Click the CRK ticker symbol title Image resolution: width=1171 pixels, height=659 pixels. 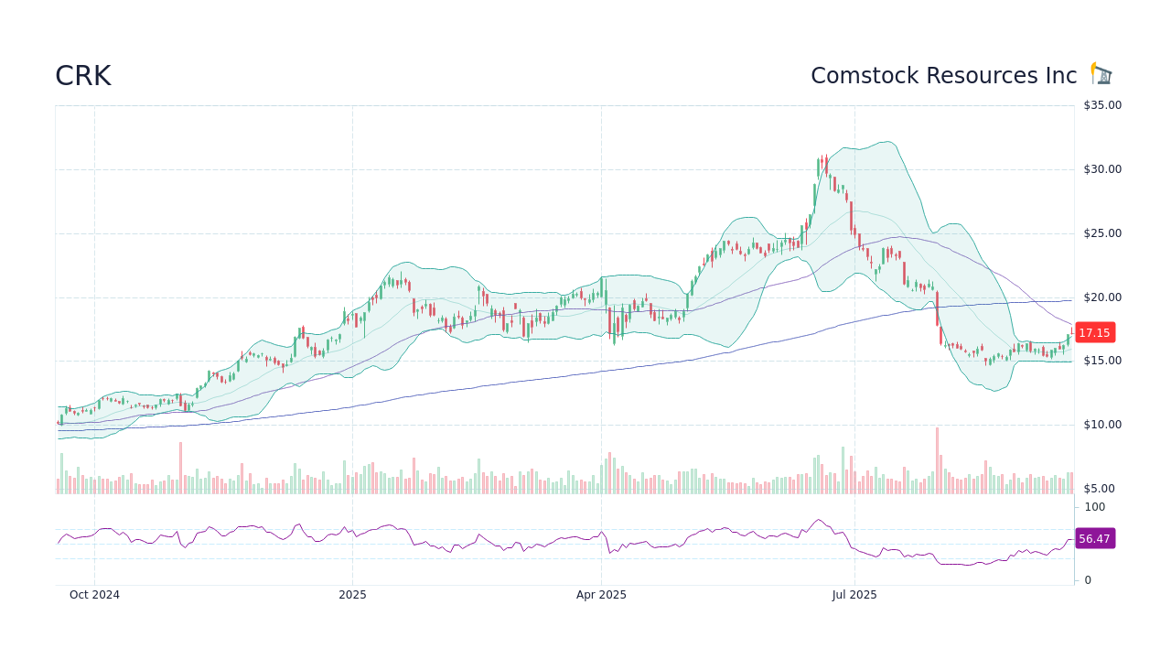(83, 76)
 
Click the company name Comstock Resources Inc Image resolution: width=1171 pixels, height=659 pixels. (943, 76)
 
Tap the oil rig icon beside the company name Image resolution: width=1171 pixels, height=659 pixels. (1101, 74)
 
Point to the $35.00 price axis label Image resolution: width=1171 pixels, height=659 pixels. (1102, 105)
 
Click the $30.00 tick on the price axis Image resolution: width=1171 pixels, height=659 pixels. (1102, 169)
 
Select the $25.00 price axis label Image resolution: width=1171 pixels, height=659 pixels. (1102, 233)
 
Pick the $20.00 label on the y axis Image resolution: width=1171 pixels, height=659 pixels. (1102, 297)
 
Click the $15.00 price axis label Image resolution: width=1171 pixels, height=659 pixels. (1102, 361)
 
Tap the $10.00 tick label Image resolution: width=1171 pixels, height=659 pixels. (1102, 425)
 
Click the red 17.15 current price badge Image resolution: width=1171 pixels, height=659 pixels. (1094, 333)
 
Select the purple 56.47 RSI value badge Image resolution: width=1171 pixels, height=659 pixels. (1094, 539)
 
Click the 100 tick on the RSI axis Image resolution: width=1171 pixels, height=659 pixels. (1095, 507)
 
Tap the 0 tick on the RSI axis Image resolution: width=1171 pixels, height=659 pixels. (1088, 580)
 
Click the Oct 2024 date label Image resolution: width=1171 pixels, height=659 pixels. (94, 595)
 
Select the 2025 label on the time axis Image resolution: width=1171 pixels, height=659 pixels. (352, 595)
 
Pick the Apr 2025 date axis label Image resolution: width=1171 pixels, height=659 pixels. (601, 595)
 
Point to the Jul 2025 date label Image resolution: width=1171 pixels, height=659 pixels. (854, 595)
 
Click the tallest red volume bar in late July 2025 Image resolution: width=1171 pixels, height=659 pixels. (937, 460)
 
